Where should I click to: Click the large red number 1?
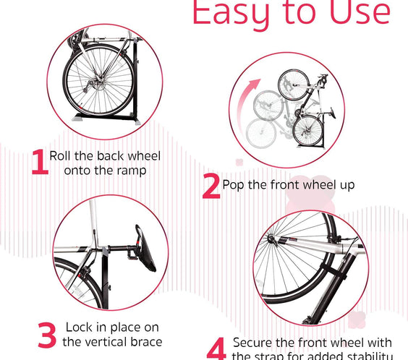(39, 163)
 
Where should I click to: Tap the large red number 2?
(211, 185)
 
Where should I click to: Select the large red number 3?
(46, 335)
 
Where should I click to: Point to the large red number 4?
(216, 348)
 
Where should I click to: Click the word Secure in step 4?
(253, 343)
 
